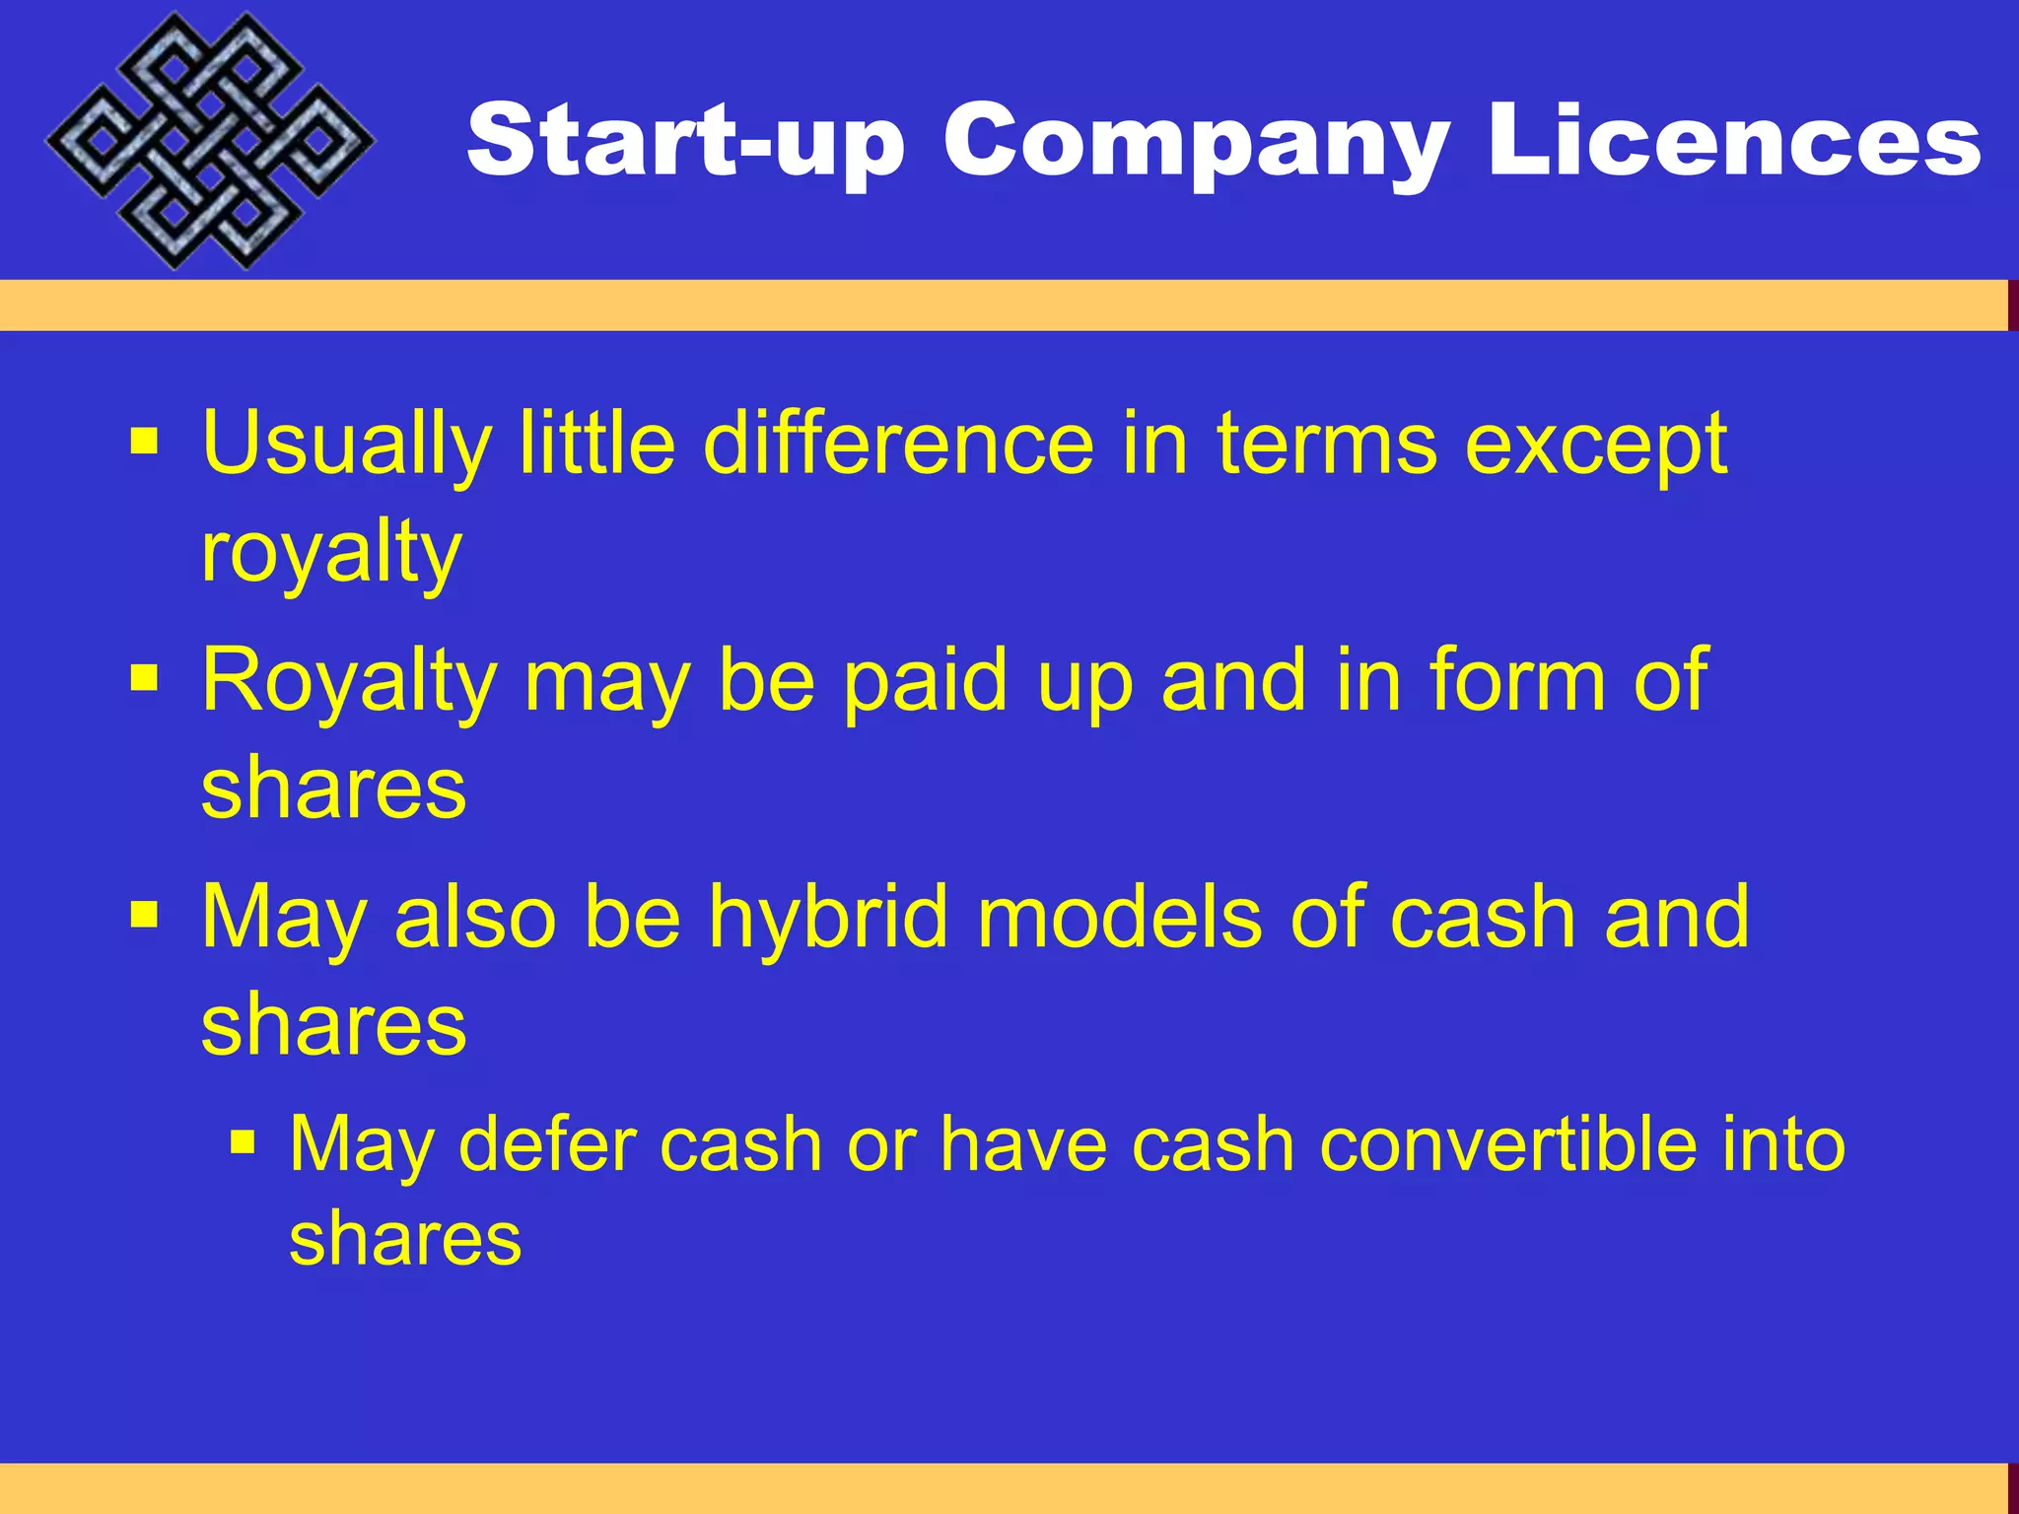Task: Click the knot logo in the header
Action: [x=209, y=141]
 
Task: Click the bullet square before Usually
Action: [x=144, y=442]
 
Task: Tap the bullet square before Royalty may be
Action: [x=144, y=678]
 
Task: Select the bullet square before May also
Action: [x=144, y=915]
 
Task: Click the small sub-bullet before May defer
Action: [x=243, y=1142]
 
